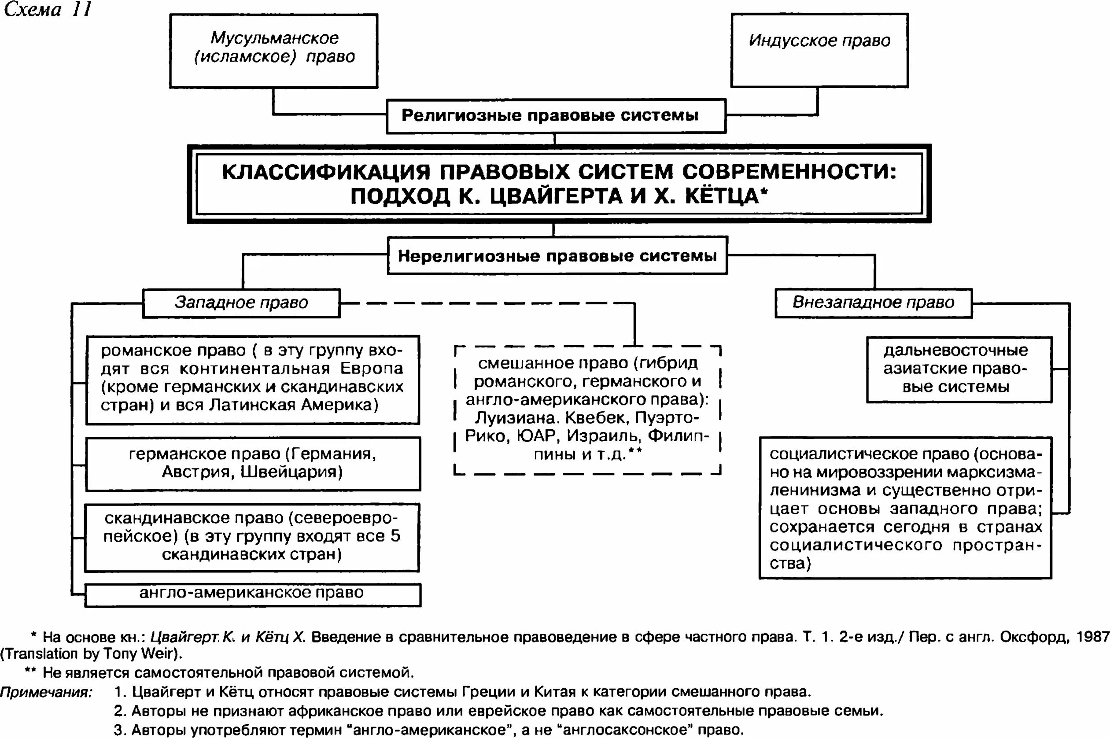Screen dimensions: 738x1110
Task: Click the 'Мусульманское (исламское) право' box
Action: (x=274, y=51)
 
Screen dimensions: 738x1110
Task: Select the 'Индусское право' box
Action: (x=819, y=50)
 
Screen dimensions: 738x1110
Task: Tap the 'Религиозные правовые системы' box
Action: (x=556, y=116)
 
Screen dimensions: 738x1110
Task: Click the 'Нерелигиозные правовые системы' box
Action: (x=557, y=255)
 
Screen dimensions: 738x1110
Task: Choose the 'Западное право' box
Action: (x=241, y=303)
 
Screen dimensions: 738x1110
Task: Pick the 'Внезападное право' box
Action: (x=873, y=303)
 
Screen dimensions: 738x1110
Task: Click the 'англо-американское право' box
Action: (x=252, y=594)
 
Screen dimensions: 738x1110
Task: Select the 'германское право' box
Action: (x=253, y=463)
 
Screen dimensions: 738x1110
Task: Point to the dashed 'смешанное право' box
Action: (x=587, y=410)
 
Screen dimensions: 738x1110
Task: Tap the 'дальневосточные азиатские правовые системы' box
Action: (x=959, y=369)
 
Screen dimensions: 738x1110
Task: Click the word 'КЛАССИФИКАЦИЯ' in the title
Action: (x=326, y=172)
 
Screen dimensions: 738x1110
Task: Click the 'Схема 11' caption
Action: (x=47, y=9)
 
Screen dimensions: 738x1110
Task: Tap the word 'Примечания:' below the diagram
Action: (x=46, y=692)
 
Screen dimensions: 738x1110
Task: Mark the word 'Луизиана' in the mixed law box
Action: (x=514, y=418)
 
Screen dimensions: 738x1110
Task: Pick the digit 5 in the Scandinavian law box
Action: (x=395, y=536)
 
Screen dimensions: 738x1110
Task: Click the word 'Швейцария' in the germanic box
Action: (x=291, y=472)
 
